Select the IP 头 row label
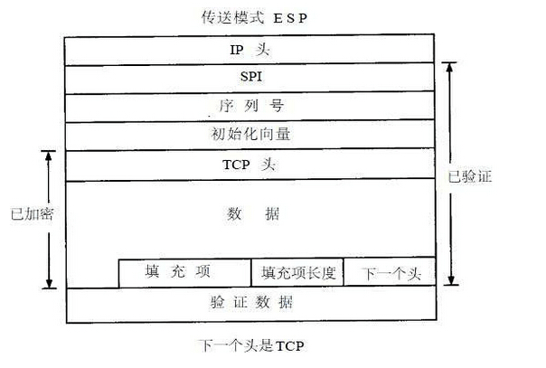click(251, 51)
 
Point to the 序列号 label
click(251, 107)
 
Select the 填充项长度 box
click(298, 272)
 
